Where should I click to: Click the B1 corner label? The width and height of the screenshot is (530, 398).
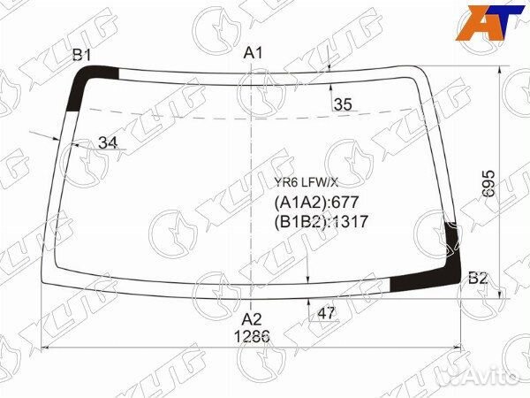click(82, 55)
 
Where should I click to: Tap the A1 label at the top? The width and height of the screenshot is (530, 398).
click(254, 53)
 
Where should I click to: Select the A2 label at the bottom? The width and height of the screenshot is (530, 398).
click(252, 319)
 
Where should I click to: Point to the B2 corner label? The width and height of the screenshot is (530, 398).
click(478, 279)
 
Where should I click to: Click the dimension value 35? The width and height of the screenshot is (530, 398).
click(343, 104)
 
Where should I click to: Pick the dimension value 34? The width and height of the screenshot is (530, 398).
click(108, 142)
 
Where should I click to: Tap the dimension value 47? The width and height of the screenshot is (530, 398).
click(326, 313)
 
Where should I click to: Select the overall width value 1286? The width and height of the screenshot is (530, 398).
click(252, 337)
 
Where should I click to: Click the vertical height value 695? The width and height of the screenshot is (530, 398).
click(488, 183)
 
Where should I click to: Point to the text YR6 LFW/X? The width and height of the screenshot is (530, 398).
click(306, 183)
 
